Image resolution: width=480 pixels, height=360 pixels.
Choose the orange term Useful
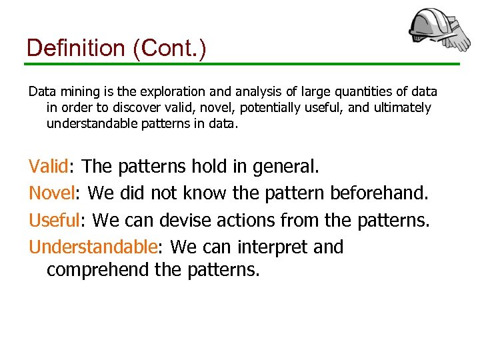54,219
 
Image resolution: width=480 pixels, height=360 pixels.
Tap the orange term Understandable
93,247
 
